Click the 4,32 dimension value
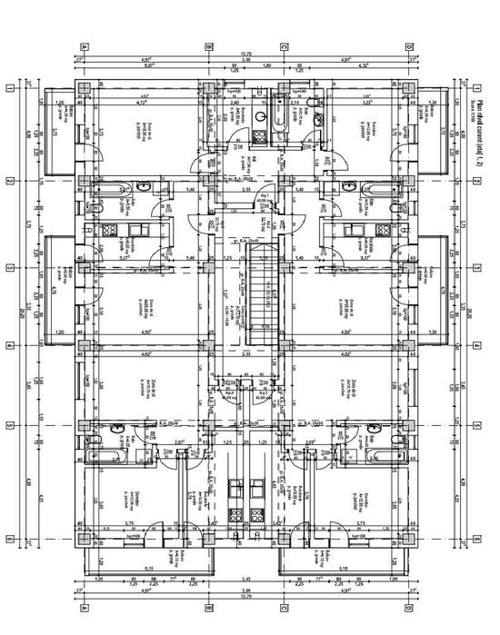click(364, 66)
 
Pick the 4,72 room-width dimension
click(141, 104)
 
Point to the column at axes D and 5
click(409, 425)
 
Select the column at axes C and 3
click(284, 268)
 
